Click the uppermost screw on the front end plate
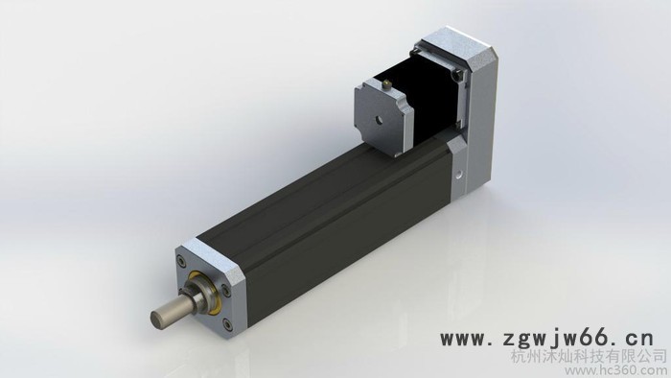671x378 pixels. [183, 261]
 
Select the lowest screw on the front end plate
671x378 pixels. [226, 324]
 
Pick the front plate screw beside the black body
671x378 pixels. [225, 291]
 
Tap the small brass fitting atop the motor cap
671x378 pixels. [387, 83]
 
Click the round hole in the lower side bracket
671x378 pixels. [459, 175]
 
